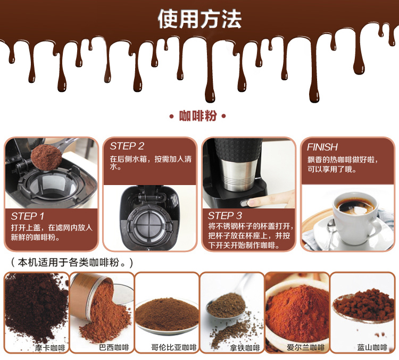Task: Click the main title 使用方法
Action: click(199, 19)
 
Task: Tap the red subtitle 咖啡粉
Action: click(198, 116)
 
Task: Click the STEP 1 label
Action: click(28, 216)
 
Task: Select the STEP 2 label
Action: click(127, 146)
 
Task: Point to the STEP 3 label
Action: click(225, 216)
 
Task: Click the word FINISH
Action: click(322, 147)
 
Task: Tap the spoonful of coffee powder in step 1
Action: click(46, 158)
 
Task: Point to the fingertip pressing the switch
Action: click(252, 203)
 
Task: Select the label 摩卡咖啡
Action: click(50, 348)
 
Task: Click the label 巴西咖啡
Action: click(114, 348)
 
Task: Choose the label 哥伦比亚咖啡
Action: click(174, 348)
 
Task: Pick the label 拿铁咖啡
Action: click(245, 348)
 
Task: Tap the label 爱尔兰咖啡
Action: click(305, 348)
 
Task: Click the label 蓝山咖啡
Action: click(372, 348)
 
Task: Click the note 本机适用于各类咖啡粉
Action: click(72, 263)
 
